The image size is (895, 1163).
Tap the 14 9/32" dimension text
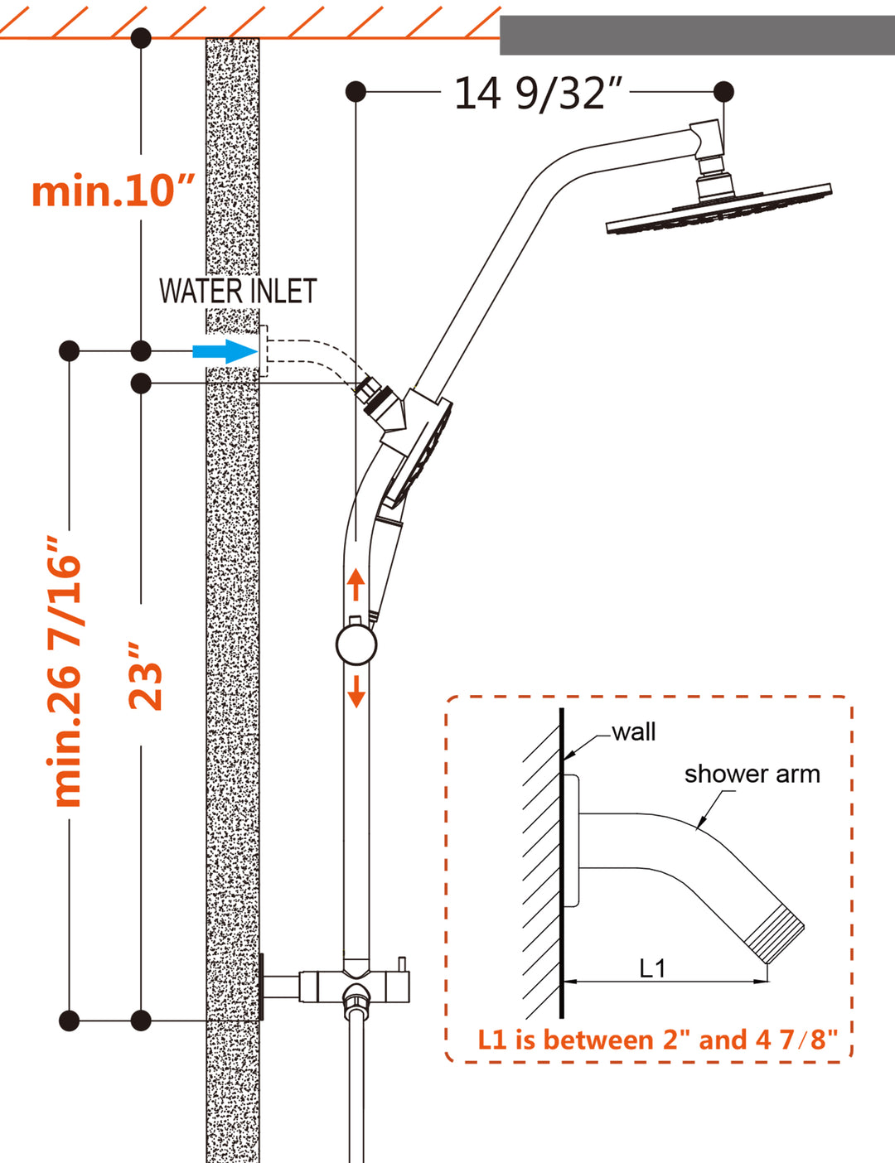point(537,93)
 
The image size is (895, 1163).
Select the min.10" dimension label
point(113,191)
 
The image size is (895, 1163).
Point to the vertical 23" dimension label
point(146,675)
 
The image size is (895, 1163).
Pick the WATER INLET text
point(238,292)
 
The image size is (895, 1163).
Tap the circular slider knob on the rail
point(356,644)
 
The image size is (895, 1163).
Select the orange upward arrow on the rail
point(356,584)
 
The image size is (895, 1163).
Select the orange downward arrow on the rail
point(356,691)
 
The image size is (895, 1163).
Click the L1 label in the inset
point(652,968)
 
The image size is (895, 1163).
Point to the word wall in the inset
point(634,732)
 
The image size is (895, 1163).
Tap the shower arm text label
point(752,774)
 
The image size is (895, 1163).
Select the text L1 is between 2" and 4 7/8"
point(657,1040)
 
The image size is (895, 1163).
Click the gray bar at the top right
point(696,35)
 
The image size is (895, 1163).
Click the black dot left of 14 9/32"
point(356,91)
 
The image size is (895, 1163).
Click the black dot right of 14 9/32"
point(723,91)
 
